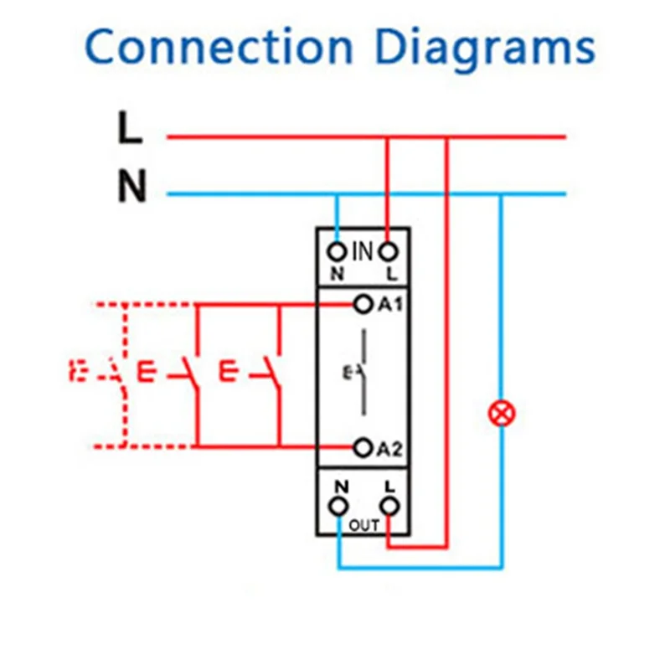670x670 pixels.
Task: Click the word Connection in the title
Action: pyautogui.click(x=220, y=48)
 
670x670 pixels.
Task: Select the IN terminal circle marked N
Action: pyautogui.click(x=338, y=251)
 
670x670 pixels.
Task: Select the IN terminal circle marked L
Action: pyautogui.click(x=388, y=251)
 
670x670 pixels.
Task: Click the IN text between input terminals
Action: pyautogui.click(x=362, y=250)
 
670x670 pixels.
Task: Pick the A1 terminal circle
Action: pyautogui.click(x=363, y=304)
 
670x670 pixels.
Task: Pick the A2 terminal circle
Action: pyautogui.click(x=363, y=447)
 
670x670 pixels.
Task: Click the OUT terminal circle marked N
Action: pyautogui.click(x=338, y=505)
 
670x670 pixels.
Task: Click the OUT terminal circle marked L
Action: pyautogui.click(x=388, y=505)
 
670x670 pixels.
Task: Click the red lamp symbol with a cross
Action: pyautogui.click(x=502, y=412)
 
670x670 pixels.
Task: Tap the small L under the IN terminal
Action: pyautogui.click(x=389, y=274)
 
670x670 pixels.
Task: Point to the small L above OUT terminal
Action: pyautogui.click(x=389, y=485)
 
